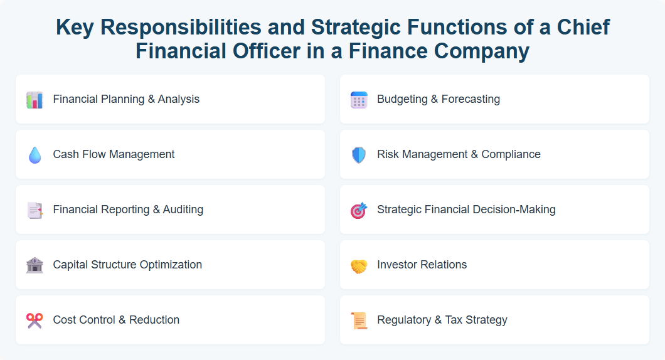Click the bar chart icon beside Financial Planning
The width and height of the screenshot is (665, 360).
(x=35, y=100)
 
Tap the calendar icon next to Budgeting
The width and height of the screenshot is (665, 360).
(x=358, y=100)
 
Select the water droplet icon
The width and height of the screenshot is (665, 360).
(x=35, y=155)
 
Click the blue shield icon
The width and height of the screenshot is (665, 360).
(x=358, y=155)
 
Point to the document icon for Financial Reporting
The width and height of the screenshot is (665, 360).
(x=35, y=210)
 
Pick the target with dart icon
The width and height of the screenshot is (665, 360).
(x=358, y=210)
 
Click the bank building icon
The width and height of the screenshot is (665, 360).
(x=35, y=265)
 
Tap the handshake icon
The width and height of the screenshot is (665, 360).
(x=358, y=266)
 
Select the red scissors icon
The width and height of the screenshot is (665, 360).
(x=35, y=320)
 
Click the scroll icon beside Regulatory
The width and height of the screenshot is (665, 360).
(x=358, y=320)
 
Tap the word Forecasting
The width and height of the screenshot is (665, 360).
(x=471, y=99)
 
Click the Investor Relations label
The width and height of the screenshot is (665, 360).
(x=422, y=265)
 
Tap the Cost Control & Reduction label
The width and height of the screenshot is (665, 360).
(x=116, y=320)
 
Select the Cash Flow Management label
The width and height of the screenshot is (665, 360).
(x=114, y=154)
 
